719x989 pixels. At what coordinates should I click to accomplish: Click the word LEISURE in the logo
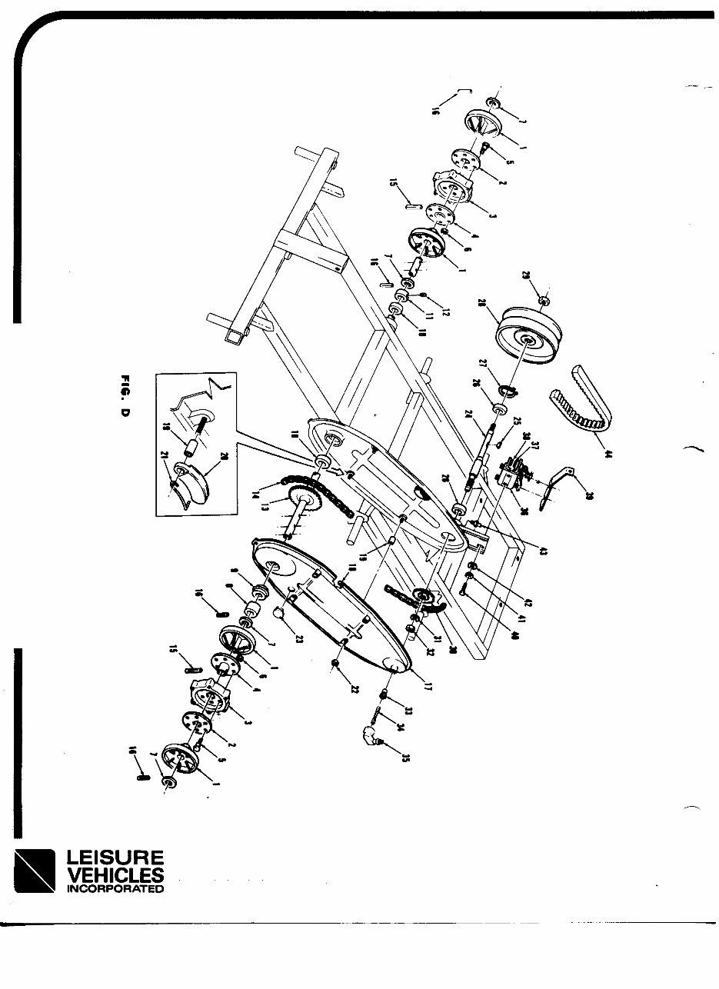(115, 857)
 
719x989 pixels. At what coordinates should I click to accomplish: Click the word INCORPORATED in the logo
(115, 889)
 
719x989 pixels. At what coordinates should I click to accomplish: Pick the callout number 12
(445, 311)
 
